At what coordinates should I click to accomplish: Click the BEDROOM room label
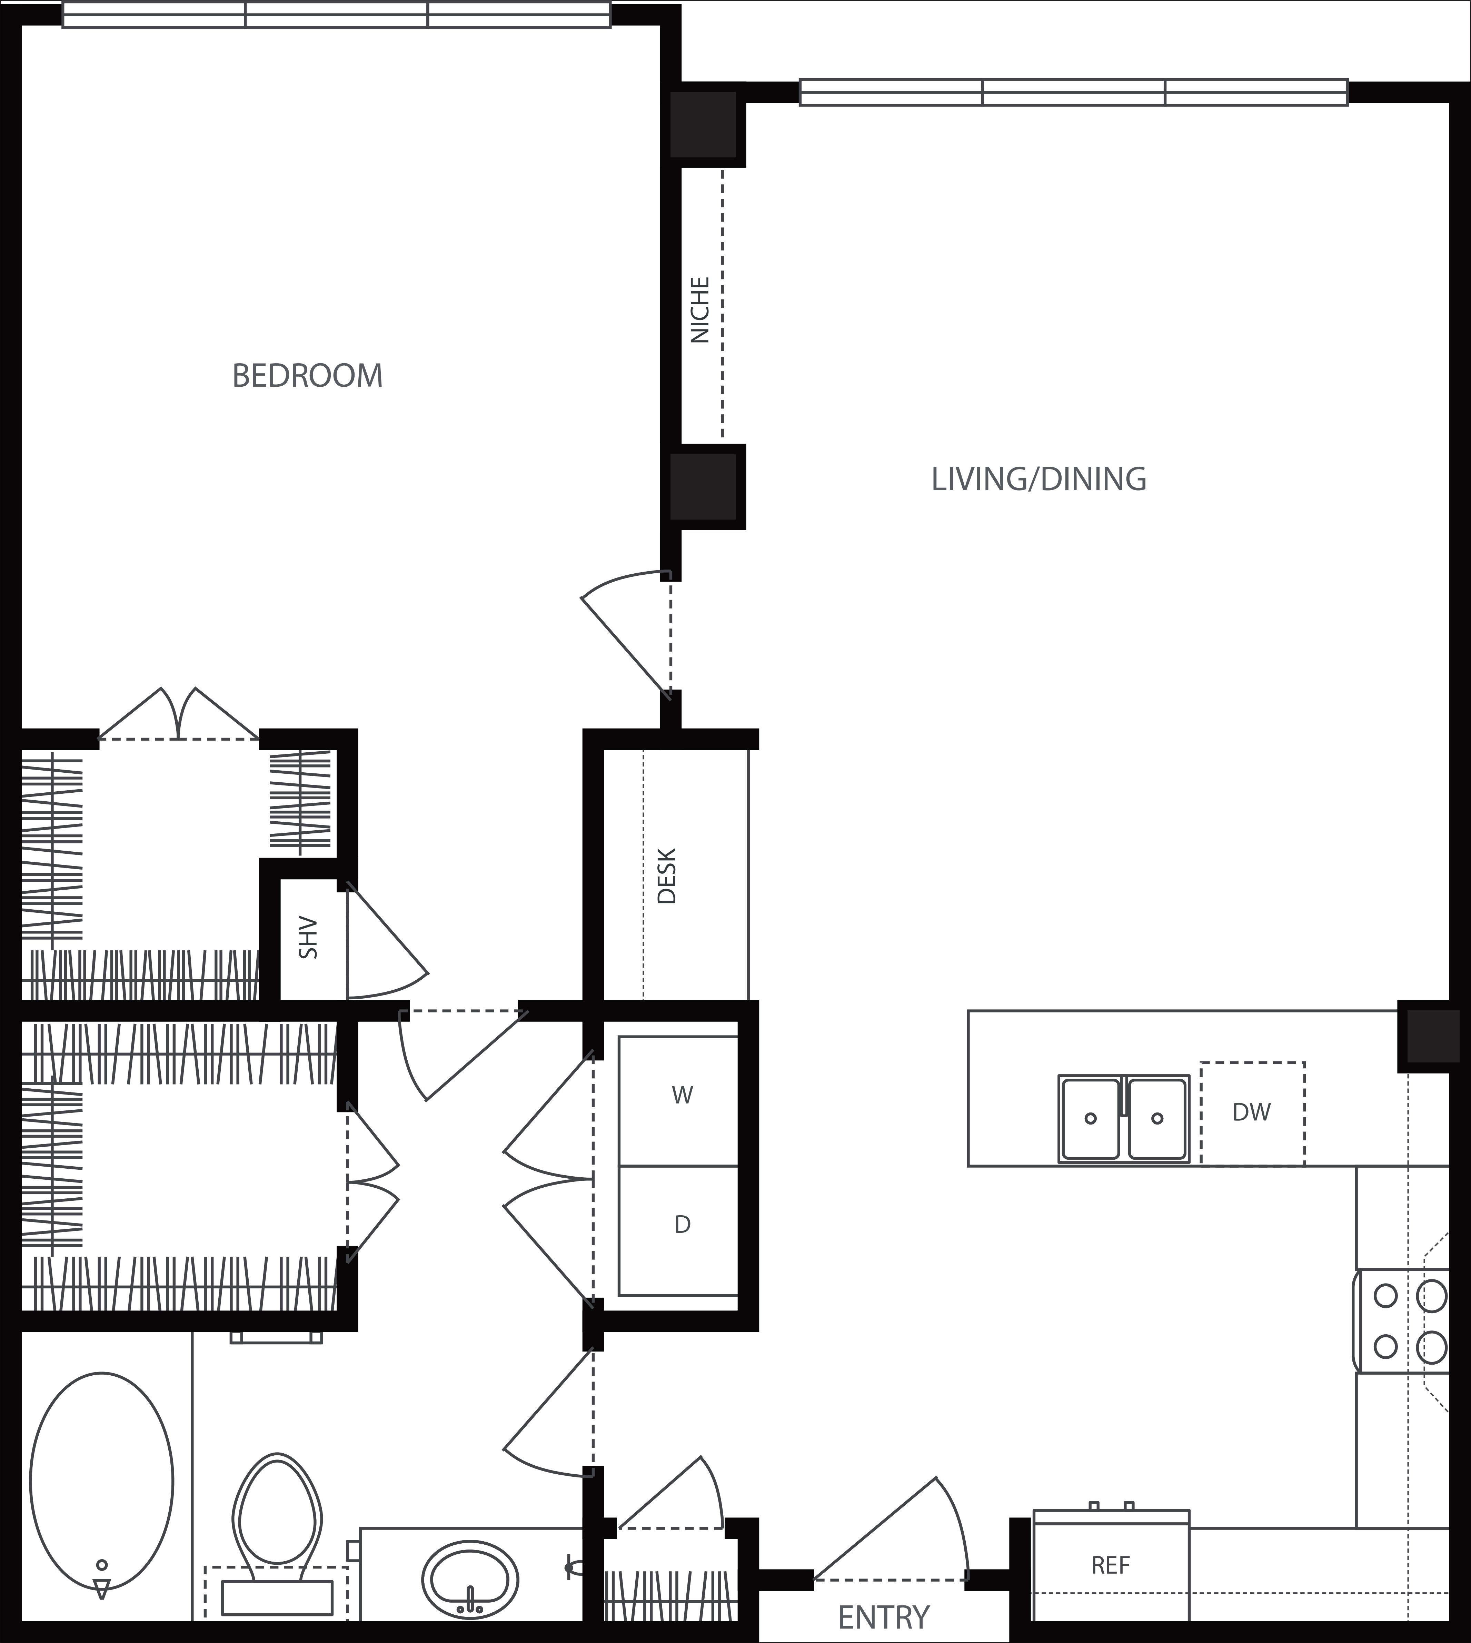pyautogui.click(x=307, y=376)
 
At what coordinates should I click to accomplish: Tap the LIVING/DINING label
pyautogui.click(x=1038, y=479)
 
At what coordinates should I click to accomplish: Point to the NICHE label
pyautogui.click(x=700, y=309)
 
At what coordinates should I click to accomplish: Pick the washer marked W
pyautogui.click(x=678, y=1101)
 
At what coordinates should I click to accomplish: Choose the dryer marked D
pyautogui.click(x=678, y=1231)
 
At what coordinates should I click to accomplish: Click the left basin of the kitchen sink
pyautogui.click(x=1090, y=1118)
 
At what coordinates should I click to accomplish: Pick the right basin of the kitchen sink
pyautogui.click(x=1157, y=1118)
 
